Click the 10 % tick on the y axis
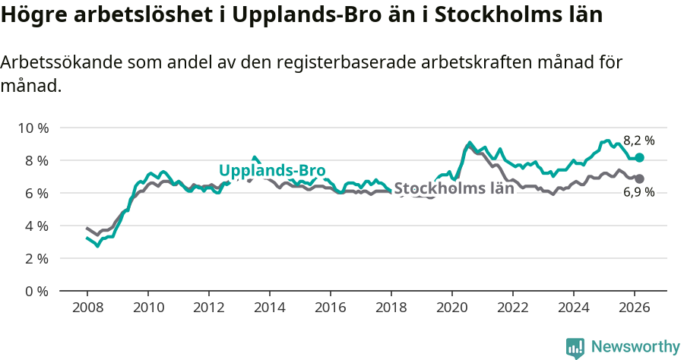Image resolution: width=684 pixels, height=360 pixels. (32, 128)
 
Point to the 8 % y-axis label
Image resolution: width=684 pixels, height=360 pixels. (35, 160)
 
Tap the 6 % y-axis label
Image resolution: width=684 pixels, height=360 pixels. (35, 193)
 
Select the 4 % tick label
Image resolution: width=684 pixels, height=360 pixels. (35, 226)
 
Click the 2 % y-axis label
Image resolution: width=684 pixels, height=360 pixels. (35, 258)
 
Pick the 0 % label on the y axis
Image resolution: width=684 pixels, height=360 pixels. (35, 291)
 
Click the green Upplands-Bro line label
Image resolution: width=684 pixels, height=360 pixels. (272, 170)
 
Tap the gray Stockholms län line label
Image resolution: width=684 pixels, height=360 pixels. (454, 188)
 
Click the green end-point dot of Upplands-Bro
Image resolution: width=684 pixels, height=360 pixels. (640, 157)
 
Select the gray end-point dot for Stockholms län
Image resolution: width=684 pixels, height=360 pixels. (640, 178)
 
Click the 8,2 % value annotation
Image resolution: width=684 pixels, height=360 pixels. (638, 141)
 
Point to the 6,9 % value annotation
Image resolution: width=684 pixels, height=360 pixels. (638, 194)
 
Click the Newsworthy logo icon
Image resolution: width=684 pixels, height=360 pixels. (575, 347)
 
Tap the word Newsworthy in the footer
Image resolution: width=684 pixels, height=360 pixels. (635, 347)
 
